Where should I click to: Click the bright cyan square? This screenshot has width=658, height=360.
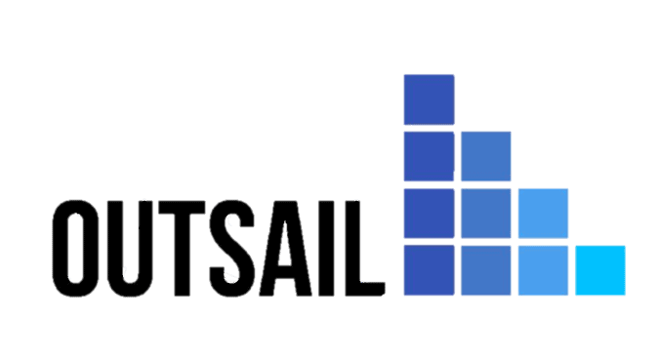pos(599,270)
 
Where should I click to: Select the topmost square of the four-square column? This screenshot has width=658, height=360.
pos(429,99)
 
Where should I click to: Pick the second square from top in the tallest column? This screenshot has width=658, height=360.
pos(429,156)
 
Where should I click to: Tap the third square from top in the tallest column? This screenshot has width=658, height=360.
pos(429,213)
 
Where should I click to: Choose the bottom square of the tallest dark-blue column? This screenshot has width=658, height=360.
pos(429,270)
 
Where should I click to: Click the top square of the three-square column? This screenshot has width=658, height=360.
pos(485,156)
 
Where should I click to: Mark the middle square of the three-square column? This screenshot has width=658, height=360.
pos(485,213)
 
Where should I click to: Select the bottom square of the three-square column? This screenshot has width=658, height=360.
pos(485,270)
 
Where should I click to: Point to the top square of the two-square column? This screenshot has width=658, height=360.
pos(543,213)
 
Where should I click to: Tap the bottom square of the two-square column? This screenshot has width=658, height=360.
pos(543,270)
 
